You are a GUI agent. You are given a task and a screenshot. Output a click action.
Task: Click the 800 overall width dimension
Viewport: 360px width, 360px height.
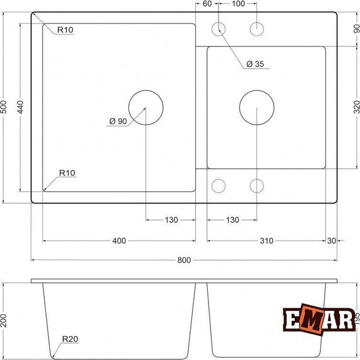[x=184, y=260]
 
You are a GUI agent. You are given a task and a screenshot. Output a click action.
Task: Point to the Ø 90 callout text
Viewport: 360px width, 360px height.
[x=118, y=121]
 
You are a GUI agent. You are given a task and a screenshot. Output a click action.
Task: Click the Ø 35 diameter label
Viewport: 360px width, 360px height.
[x=255, y=64]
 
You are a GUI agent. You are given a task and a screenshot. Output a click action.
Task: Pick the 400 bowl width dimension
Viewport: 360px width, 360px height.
[x=119, y=241]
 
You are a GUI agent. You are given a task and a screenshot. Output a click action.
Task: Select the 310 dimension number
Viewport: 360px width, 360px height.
[x=266, y=241]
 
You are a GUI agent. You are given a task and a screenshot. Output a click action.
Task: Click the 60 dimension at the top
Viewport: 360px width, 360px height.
[x=207, y=4]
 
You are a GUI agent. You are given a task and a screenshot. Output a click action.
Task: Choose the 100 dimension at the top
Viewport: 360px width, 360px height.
[x=238, y=4]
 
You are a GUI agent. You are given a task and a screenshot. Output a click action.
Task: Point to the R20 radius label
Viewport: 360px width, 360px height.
[x=69, y=340]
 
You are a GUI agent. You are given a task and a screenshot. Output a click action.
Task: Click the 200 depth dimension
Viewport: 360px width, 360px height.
[x=6, y=320]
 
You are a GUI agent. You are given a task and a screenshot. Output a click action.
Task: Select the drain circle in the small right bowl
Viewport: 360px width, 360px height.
[x=256, y=107]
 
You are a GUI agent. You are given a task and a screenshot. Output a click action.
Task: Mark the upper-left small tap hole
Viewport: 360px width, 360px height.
[x=219, y=28]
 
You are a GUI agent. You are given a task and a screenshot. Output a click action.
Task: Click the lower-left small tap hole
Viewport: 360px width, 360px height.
[x=219, y=186]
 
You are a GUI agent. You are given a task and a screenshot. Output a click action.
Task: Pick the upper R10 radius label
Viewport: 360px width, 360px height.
[x=64, y=30]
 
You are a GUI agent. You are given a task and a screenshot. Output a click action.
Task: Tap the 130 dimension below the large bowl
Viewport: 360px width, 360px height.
[x=171, y=220]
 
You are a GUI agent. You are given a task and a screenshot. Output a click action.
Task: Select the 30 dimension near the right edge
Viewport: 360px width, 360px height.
[x=332, y=241]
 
